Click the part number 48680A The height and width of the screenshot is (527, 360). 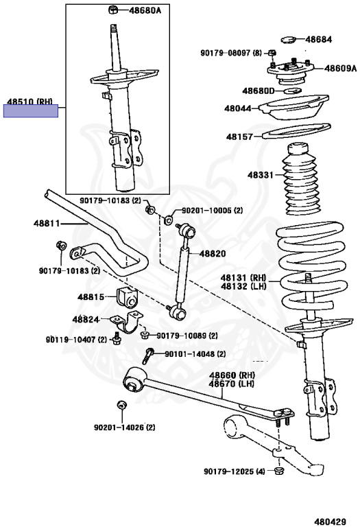[145, 10]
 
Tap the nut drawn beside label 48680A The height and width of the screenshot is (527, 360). [112, 10]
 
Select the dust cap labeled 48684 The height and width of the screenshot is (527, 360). [288, 40]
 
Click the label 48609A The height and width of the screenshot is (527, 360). [340, 68]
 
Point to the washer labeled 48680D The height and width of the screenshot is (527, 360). [293, 91]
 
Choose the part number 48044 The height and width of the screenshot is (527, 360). [238, 108]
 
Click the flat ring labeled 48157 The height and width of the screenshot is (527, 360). [296, 131]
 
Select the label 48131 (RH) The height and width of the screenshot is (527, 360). [243, 278]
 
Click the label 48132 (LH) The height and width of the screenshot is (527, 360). [243, 286]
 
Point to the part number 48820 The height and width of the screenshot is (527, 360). [213, 253]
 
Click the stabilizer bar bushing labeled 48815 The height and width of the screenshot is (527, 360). [128, 296]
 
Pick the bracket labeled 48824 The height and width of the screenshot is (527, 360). [127, 322]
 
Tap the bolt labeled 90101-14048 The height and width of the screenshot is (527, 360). [147, 356]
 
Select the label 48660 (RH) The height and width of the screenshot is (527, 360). [232, 375]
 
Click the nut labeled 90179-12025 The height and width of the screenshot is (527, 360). [278, 470]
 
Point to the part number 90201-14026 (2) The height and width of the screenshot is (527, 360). [125, 428]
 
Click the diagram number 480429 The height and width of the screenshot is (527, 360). [330, 522]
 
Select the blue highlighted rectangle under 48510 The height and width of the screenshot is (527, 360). [31, 111]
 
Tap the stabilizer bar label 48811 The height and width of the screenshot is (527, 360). [47, 223]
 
